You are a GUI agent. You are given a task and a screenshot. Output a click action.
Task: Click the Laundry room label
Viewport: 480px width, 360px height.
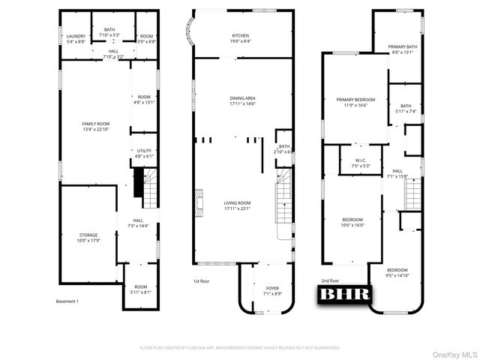[76, 37]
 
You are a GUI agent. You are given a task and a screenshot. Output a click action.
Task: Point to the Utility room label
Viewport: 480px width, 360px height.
[144, 151]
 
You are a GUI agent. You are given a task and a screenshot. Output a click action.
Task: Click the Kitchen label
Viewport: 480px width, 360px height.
[241, 37]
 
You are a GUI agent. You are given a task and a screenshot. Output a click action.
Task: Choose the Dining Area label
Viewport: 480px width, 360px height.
[243, 98]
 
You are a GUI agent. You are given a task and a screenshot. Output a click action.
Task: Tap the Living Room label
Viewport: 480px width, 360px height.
[237, 202]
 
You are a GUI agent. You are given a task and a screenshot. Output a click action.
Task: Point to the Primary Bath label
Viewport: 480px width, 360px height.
[406, 47]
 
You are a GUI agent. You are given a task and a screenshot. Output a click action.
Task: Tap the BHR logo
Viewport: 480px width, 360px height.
[346, 294]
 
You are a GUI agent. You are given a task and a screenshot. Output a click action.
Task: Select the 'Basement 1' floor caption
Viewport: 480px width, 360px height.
[67, 301]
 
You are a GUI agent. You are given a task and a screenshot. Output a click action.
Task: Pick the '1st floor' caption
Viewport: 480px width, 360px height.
[201, 282]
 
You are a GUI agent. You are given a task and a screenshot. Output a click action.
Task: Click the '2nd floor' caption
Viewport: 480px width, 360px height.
[331, 280]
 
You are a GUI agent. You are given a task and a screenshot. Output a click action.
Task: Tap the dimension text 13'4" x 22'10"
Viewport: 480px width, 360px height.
[95, 130]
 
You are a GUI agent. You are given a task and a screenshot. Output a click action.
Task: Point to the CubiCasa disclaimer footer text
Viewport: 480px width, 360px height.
[240, 348]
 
